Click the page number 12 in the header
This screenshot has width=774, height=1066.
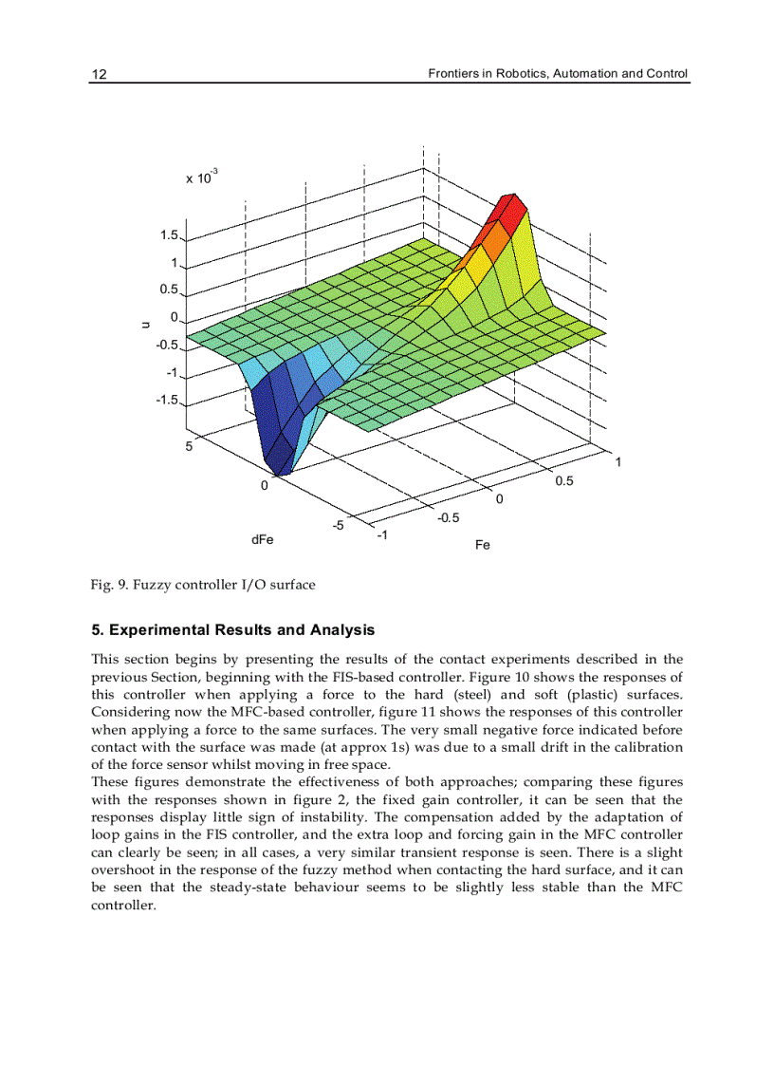point(99,74)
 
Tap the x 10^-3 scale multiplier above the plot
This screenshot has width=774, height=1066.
point(201,177)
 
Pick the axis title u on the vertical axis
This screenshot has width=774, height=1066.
point(145,325)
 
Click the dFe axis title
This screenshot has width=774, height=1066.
point(263,539)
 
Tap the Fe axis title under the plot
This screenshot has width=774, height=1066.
point(482,545)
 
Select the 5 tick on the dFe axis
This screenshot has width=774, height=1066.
point(190,446)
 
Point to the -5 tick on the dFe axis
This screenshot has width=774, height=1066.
point(339,525)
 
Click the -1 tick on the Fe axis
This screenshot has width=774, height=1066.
point(381,535)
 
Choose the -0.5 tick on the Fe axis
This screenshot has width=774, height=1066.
point(448,517)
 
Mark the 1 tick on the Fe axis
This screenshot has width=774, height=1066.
point(618,462)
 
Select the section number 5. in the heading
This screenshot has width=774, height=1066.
point(97,630)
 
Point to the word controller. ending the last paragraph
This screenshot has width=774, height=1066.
point(122,906)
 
